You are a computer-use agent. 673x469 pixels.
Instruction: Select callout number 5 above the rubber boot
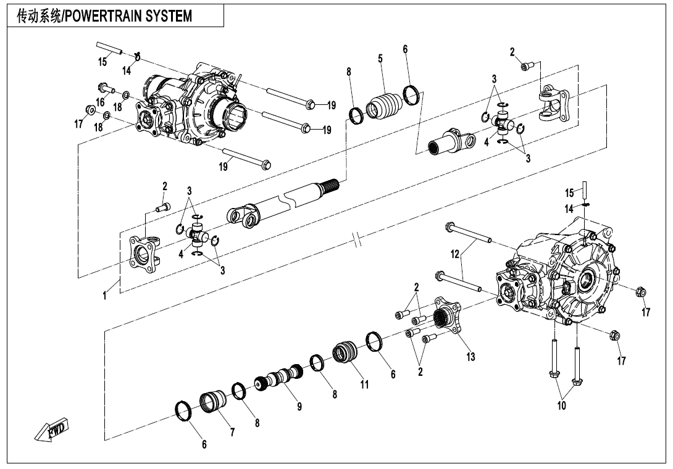tap(380, 59)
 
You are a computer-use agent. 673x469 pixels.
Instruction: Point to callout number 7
tap(232, 432)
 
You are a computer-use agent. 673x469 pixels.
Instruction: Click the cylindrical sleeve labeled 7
tap(213, 402)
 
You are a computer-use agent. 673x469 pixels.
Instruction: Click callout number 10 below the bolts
tap(561, 405)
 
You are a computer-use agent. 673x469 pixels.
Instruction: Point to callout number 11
tap(364, 384)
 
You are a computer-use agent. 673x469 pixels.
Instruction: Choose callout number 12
tap(454, 254)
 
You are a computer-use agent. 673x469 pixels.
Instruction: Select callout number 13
tap(471, 357)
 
